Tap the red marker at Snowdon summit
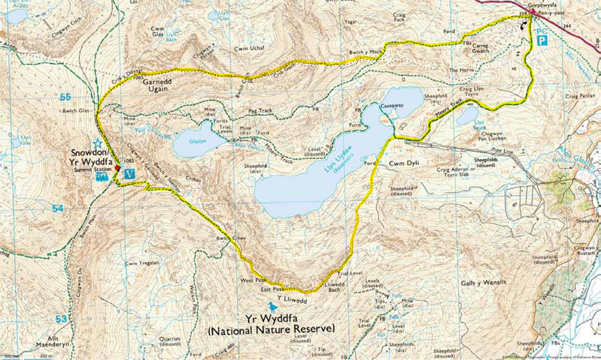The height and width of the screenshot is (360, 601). coord(116,170)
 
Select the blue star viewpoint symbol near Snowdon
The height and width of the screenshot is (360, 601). coord(97,143)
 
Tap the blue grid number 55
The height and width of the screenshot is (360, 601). coord(65,98)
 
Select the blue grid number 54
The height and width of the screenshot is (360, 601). coord(58,209)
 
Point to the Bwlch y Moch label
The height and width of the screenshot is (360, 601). coord(365,51)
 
